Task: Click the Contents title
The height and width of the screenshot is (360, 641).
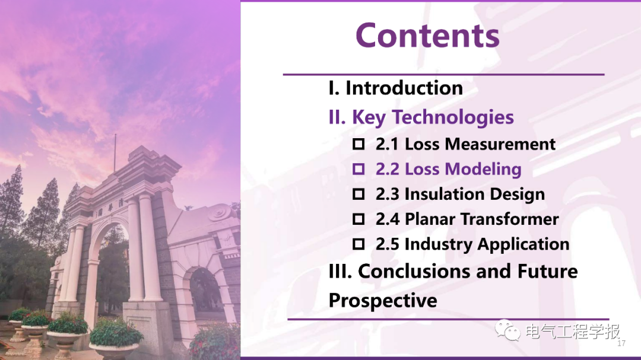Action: (427, 36)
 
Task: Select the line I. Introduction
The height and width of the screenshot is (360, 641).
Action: (396, 88)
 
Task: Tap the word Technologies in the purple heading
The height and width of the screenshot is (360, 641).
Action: (453, 117)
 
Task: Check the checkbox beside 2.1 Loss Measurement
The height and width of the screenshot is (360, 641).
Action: (358, 144)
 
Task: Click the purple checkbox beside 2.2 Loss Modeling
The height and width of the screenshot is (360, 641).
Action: (358, 169)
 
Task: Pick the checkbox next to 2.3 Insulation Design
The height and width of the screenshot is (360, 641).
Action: (358, 194)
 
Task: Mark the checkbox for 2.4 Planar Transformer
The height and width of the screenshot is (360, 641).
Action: (358, 219)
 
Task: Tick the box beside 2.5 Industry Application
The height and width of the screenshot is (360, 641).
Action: (358, 244)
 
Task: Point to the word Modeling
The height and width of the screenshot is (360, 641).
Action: (483, 170)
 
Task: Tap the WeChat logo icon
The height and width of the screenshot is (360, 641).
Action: (507, 330)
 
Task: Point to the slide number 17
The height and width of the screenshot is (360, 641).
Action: (621, 343)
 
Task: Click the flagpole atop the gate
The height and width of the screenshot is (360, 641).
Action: (115, 153)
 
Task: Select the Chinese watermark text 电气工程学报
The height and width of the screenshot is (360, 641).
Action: (572, 332)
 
